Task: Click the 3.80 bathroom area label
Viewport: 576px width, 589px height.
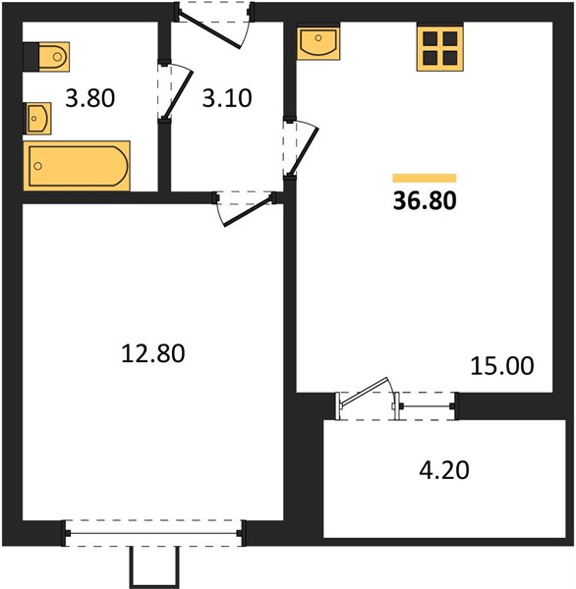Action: pyautogui.click(x=89, y=98)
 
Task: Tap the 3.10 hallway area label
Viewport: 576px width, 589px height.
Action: pyautogui.click(x=227, y=98)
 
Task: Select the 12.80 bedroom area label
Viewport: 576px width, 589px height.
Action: pyautogui.click(x=153, y=353)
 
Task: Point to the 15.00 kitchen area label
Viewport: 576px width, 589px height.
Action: pyautogui.click(x=502, y=365)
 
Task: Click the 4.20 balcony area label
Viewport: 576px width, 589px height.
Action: pyautogui.click(x=444, y=470)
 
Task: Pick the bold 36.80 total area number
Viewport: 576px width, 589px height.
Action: pyautogui.click(x=425, y=200)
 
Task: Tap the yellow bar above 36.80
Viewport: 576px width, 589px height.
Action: pyautogui.click(x=425, y=178)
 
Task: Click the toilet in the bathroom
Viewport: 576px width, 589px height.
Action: pyautogui.click(x=46, y=57)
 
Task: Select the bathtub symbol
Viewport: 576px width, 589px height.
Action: pyautogui.click(x=77, y=166)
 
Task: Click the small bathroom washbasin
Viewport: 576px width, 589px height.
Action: pyautogui.click(x=37, y=119)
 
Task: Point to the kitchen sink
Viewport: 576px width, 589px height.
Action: pyautogui.click(x=318, y=41)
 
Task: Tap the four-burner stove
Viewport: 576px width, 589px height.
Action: pyautogui.click(x=440, y=47)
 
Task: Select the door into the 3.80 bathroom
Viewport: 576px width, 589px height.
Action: pyautogui.click(x=177, y=92)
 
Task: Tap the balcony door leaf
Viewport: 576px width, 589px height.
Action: pyautogui.click(x=364, y=392)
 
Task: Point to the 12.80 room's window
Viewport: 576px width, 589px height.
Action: pyautogui.click(x=154, y=533)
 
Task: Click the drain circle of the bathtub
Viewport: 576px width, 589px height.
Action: pyautogui.click(x=37, y=166)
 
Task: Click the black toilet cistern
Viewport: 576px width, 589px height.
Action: pyautogui.click(x=30, y=57)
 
